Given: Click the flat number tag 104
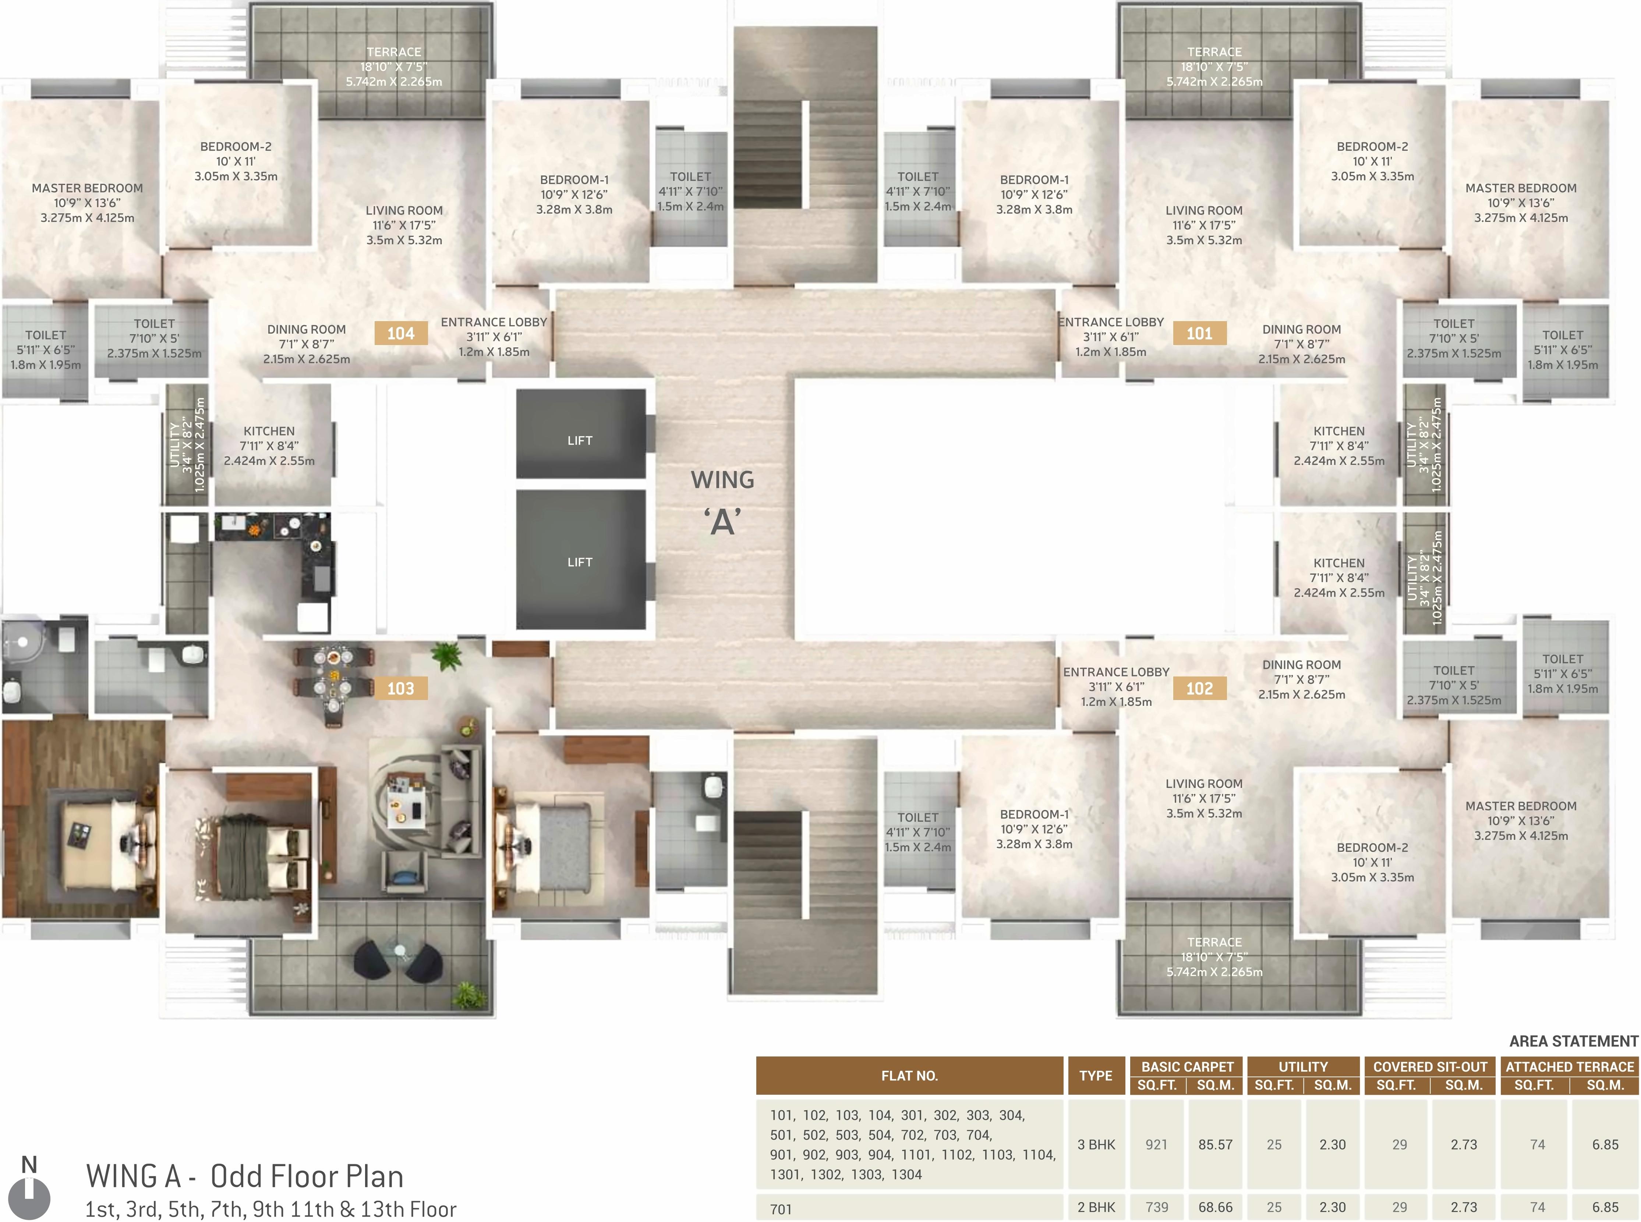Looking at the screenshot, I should (x=400, y=334).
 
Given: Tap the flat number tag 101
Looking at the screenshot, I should (x=1199, y=334).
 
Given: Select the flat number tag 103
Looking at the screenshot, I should (x=400, y=689).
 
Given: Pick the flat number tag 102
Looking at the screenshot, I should (x=1199, y=689).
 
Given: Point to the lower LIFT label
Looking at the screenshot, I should (x=580, y=562).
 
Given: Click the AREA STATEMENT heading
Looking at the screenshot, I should (x=1574, y=1041).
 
